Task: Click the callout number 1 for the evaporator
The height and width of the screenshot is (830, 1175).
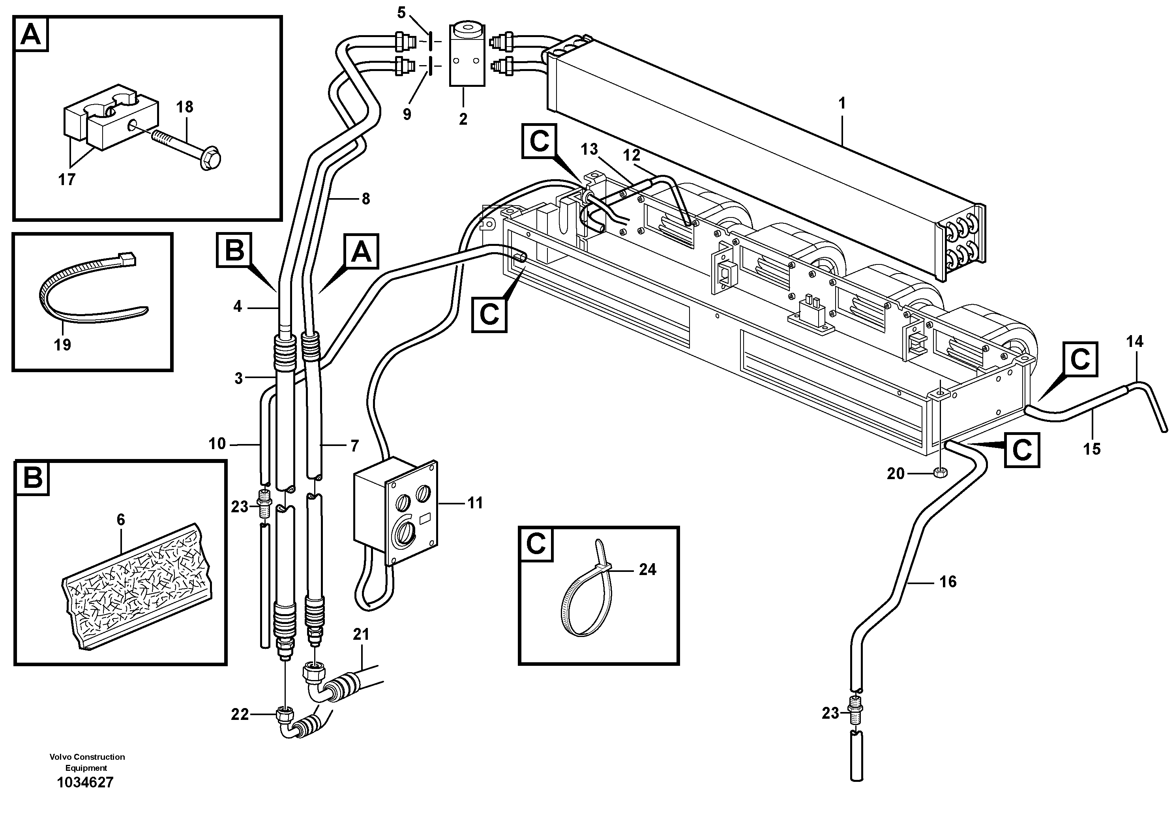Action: coord(842,103)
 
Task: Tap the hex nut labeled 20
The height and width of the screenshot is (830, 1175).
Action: coord(940,473)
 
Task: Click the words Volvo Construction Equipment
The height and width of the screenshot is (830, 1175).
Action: coord(87,762)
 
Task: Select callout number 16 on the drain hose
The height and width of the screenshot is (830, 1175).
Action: coord(948,582)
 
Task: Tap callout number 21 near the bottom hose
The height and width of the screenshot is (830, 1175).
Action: coord(361,635)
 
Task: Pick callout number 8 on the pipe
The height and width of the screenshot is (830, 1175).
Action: coord(365,199)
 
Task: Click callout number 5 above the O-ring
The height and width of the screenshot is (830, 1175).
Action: coord(401,13)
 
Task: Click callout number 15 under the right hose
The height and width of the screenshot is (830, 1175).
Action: coord(1092,449)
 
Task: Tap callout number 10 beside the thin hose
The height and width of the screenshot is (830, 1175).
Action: coord(217,444)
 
